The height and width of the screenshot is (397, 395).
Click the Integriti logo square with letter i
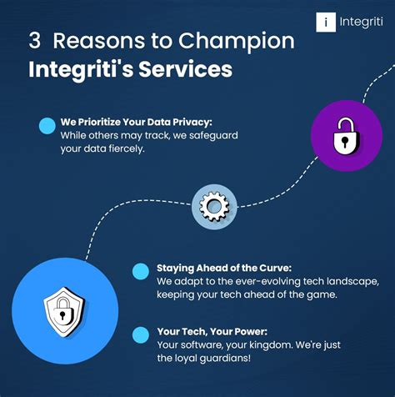pos(326,23)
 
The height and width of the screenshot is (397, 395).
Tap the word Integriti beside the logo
pos(361,23)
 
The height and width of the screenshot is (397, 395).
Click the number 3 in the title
pos(34,41)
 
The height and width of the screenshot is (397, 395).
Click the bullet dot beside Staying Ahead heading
pos(142,269)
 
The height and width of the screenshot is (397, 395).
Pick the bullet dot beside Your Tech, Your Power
pos(142,334)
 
